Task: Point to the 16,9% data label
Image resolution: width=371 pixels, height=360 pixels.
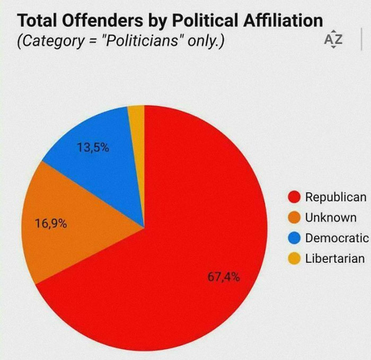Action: [51, 223]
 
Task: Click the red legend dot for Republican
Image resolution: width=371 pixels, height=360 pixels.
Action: [294, 197]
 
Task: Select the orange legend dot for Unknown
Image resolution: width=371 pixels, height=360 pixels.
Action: [294, 218]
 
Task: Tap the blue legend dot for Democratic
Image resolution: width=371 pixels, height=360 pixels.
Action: [294, 238]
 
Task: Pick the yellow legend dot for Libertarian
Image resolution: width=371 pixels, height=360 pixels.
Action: [294, 259]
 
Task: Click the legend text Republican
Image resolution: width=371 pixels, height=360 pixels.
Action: [335, 197]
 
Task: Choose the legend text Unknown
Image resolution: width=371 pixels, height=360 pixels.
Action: [330, 218]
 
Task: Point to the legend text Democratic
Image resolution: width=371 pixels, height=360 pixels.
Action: [336, 238]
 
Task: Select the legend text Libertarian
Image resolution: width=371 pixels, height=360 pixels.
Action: [334, 259]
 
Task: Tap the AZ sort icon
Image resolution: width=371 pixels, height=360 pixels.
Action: [330, 40]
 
